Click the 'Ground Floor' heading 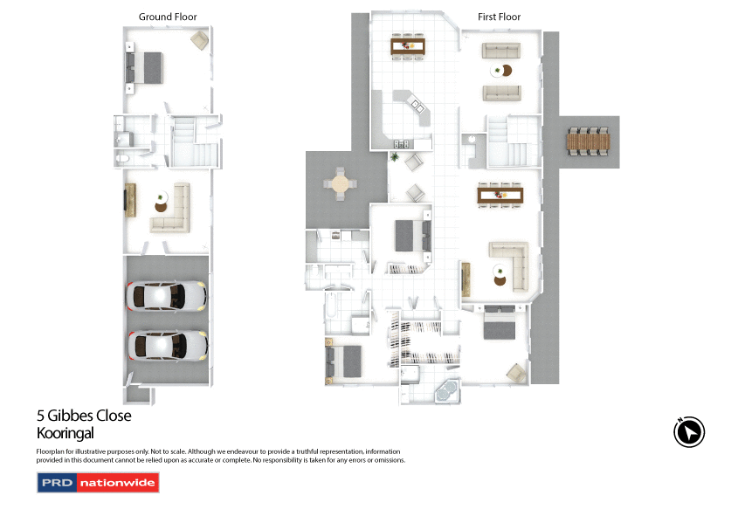[168, 17]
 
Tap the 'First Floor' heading [499, 17]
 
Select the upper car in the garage [166, 297]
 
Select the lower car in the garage [166, 346]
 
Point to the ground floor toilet [123, 158]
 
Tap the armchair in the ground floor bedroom [199, 40]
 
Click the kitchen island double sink [417, 107]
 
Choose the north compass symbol [689, 432]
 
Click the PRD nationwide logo [98, 482]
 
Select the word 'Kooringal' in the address [65, 433]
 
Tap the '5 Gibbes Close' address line [84, 416]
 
